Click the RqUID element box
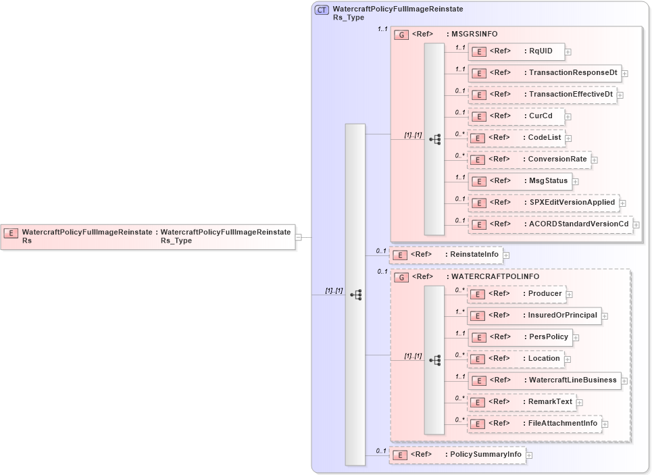[516, 51]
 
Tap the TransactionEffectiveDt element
[542, 94]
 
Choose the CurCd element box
[516, 116]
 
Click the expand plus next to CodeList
[569, 138]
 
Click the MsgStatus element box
[520, 180]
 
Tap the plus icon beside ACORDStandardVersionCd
[636, 224]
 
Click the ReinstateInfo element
[446, 254]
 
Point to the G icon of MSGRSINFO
[401, 34]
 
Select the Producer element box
[517, 293]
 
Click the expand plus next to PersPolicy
[576, 337]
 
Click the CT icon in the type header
[322, 10]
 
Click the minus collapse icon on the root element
[307, 237]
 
